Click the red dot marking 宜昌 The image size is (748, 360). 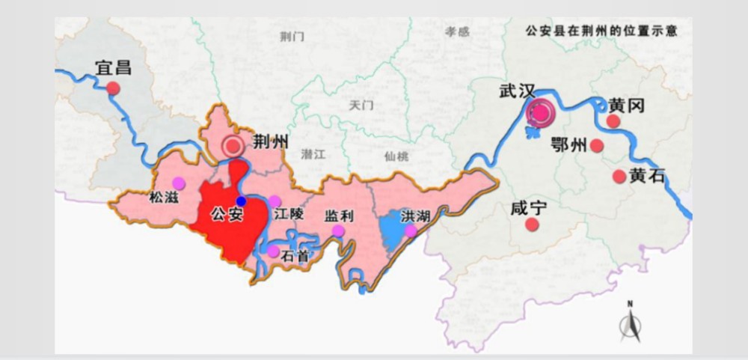click(x=113, y=88)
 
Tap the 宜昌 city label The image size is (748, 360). click(x=113, y=67)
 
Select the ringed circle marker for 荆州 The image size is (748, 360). click(x=233, y=146)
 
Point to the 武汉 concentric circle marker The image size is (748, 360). click(x=540, y=113)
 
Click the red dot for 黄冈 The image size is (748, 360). click(x=614, y=121)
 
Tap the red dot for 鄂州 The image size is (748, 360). click(x=597, y=146)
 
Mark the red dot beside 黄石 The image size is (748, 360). click(x=619, y=177)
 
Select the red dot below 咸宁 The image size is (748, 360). click(x=532, y=225)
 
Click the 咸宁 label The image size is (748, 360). click(x=529, y=207)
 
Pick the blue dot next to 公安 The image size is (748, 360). click(x=241, y=201)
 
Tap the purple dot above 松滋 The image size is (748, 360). click(x=178, y=183)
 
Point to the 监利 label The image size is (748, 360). click(x=338, y=216)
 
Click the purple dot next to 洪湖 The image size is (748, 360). click(x=411, y=231)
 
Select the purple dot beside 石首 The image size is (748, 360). click(x=274, y=251)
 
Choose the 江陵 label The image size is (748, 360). click(x=288, y=213)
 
